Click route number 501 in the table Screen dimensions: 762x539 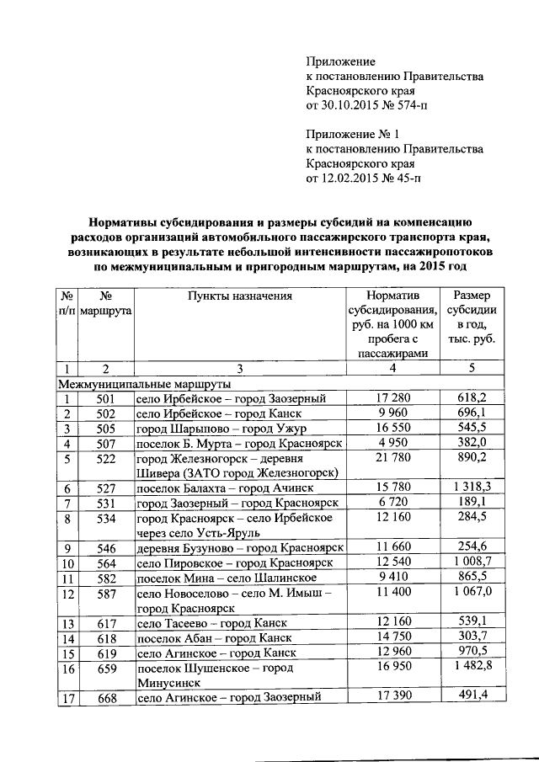(106, 398)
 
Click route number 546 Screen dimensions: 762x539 (106, 548)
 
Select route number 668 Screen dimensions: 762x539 (106, 697)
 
